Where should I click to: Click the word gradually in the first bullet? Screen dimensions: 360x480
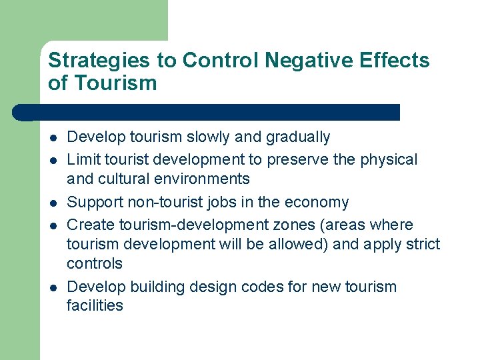coord(298,137)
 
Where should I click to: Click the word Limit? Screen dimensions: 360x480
coord(82,160)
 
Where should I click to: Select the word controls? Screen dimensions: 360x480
coord(95,263)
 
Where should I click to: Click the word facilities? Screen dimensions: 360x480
coord(95,306)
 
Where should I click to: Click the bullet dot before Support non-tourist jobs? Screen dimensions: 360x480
coord(52,203)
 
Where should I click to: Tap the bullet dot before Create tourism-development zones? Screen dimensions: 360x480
coord(52,225)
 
